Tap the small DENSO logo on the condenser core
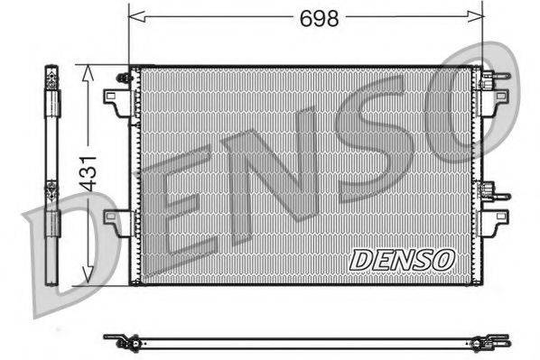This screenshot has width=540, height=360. [x=400, y=259]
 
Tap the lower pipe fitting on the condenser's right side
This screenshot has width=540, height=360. [x=491, y=191]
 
